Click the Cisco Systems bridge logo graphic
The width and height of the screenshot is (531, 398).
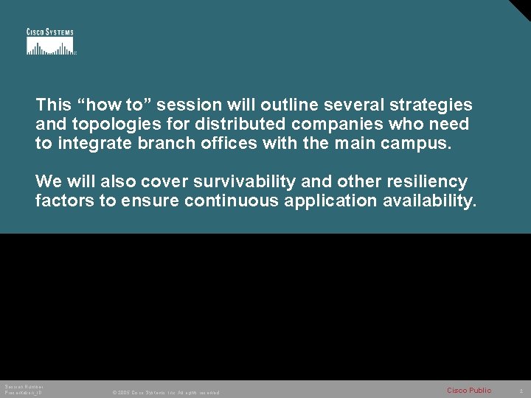point(50,46)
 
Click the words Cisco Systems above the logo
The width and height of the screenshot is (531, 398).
point(50,32)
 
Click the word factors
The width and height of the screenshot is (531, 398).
point(64,200)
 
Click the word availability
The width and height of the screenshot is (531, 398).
point(431,200)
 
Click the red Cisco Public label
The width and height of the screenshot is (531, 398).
point(468,390)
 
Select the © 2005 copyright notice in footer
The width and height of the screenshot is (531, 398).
point(165,393)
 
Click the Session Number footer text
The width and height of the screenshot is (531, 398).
point(24,387)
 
